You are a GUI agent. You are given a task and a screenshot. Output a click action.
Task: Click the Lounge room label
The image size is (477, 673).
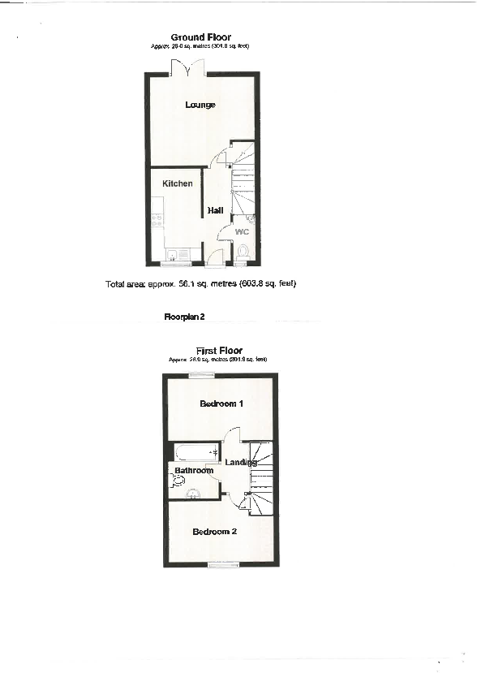200,105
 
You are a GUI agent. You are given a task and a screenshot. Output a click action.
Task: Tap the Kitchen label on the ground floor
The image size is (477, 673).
178,183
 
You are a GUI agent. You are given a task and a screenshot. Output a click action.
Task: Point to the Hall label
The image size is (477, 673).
215,210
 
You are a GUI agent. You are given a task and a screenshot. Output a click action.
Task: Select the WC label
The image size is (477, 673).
242,232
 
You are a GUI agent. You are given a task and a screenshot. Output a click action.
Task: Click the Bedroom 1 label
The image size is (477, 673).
221,403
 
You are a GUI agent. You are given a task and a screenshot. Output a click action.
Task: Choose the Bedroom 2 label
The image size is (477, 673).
214,532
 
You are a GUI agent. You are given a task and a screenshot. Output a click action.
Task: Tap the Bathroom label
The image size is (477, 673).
195,471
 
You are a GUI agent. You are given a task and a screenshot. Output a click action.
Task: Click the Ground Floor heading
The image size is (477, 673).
200,37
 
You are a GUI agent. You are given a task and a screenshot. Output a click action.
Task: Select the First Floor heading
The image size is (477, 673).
219,351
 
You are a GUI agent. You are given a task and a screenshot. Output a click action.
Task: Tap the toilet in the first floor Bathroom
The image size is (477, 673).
178,481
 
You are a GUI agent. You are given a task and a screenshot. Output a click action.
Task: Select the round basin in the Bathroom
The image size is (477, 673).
194,492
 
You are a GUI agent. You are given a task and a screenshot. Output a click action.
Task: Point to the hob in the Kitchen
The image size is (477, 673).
157,218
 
